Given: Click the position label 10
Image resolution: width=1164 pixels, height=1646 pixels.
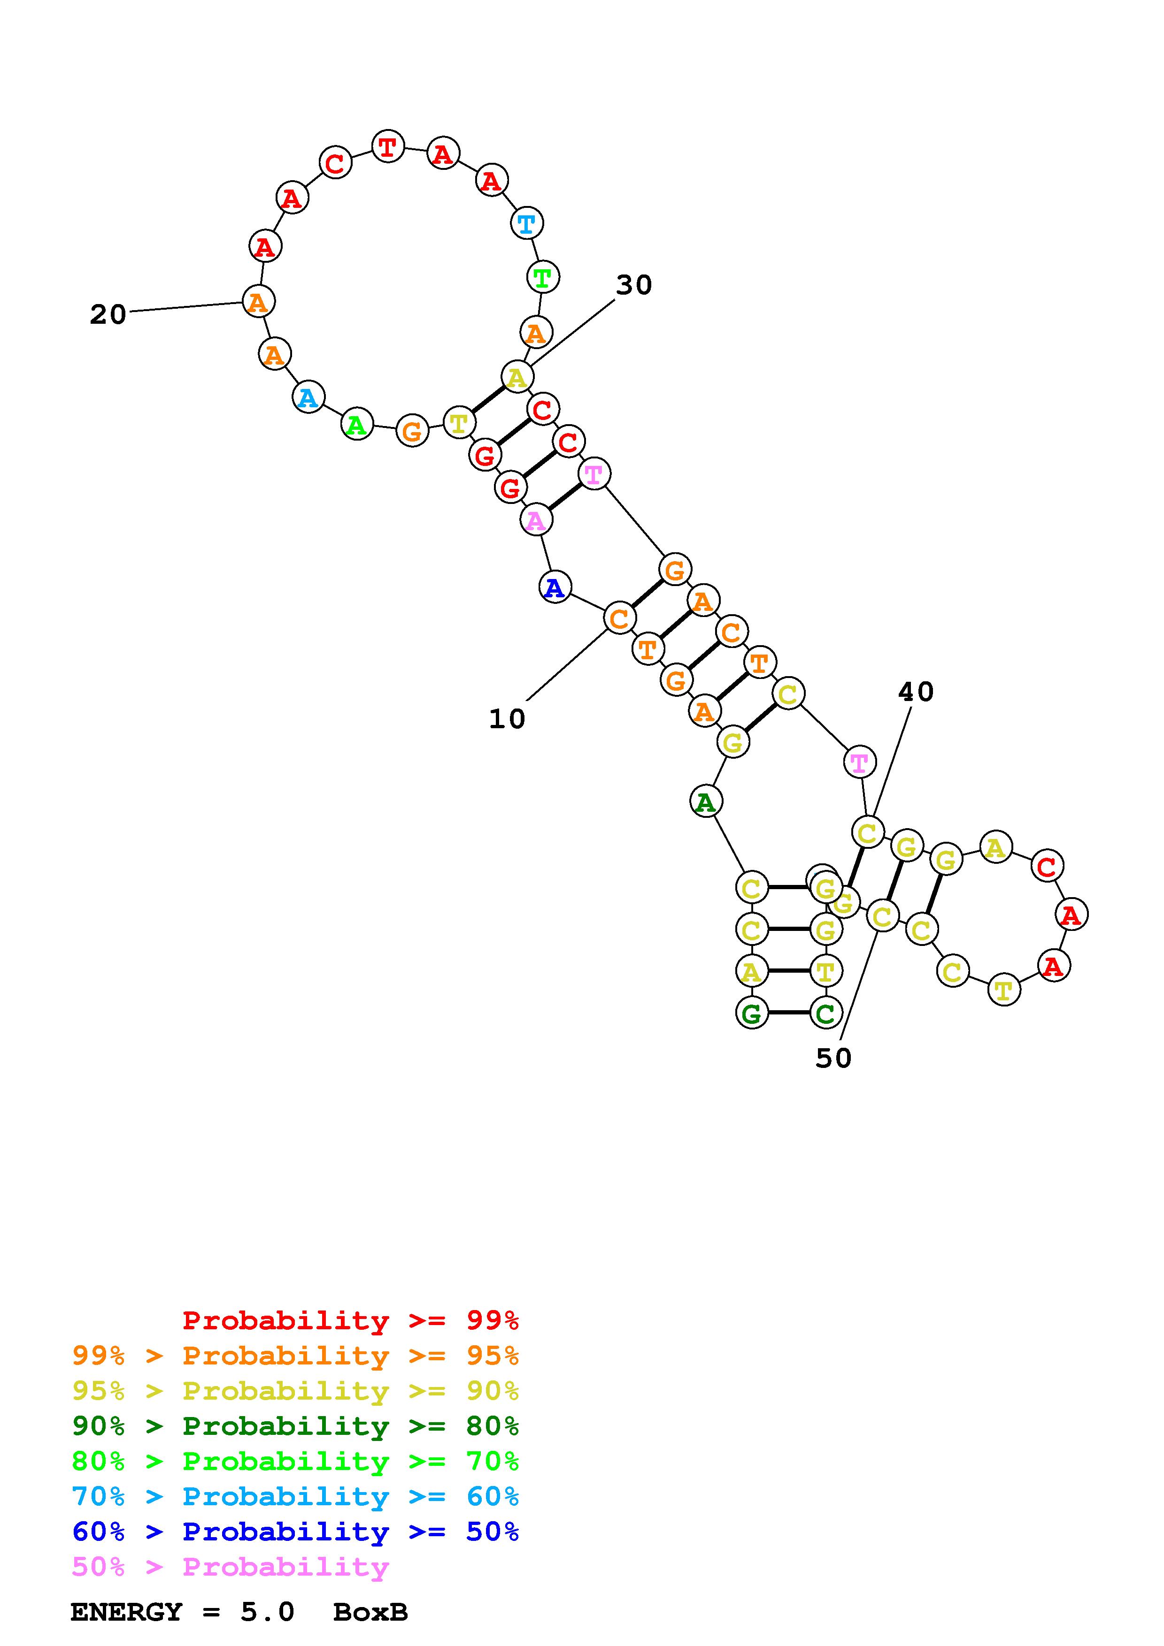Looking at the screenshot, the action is pyautogui.click(x=507, y=718).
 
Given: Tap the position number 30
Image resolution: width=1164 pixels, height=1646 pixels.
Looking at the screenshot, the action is pyautogui.click(x=634, y=285).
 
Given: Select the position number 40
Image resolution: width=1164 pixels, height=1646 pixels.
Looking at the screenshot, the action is pyautogui.click(x=916, y=692).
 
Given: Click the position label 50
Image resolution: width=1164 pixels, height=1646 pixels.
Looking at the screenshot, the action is pyautogui.click(x=833, y=1058).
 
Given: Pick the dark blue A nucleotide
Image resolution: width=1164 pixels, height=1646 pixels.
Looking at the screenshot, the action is pyautogui.click(x=555, y=588).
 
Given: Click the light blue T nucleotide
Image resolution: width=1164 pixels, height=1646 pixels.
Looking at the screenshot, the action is pyautogui.click(x=526, y=224).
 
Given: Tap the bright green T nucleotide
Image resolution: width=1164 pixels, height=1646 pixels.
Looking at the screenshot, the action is pyautogui.click(x=543, y=277).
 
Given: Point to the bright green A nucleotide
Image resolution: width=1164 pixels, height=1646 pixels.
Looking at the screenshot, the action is pyautogui.click(x=356, y=425).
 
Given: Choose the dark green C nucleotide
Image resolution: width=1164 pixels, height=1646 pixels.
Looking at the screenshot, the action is pyautogui.click(x=825, y=1013).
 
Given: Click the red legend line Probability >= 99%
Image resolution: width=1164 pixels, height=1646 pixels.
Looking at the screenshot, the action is pyautogui.click(x=350, y=1320).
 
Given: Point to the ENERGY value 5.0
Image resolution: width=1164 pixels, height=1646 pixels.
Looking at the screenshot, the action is pyautogui.click(x=267, y=1612).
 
